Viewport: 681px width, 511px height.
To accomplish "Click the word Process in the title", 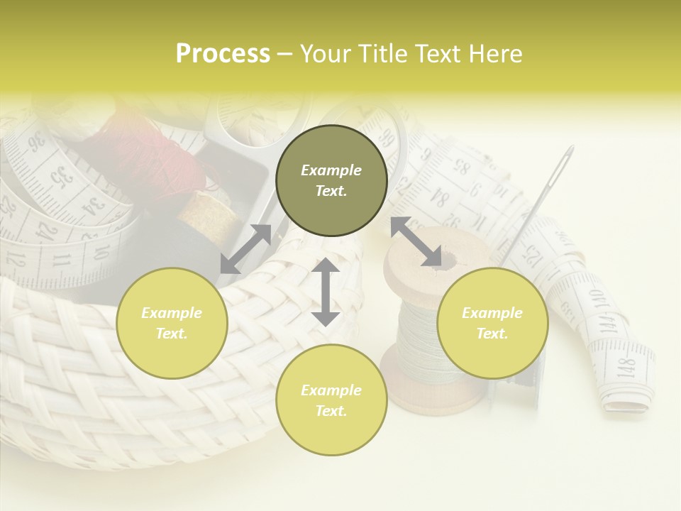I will (x=223, y=54).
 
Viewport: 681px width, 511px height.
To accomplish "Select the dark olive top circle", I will (x=331, y=181).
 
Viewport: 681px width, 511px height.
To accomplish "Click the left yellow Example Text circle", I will (x=172, y=323).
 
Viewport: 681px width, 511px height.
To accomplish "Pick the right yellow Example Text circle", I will (x=492, y=323).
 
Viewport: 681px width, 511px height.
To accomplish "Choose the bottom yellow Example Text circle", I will (x=331, y=400).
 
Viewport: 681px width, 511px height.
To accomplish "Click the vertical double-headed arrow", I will (x=326, y=292).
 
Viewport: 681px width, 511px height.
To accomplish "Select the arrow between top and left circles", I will (x=245, y=248).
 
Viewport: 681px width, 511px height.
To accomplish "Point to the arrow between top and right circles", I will (x=416, y=241).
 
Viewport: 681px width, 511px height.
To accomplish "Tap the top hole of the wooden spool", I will (x=445, y=260).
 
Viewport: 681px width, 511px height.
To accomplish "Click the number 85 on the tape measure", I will (x=461, y=169).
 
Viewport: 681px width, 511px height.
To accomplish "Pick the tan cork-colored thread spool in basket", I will (x=213, y=213).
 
